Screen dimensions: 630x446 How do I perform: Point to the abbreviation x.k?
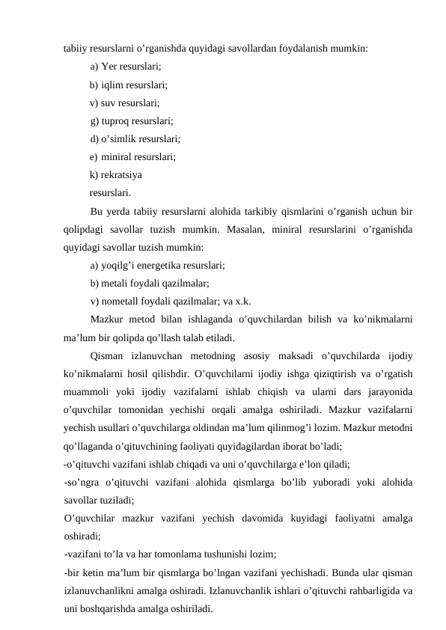pyautogui.click(x=242, y=302)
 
